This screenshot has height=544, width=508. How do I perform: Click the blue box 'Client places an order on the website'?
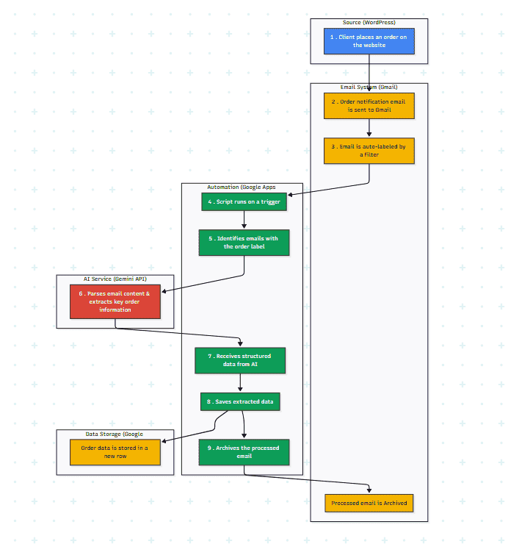tap(369, 41)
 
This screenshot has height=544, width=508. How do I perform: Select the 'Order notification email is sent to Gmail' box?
tap(369, 106)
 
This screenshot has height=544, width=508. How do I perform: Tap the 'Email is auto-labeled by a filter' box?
tap(369, 151)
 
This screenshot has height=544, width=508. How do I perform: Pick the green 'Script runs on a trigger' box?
tap(244, 201)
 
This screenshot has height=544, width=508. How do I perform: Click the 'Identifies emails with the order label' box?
tap(244, 243)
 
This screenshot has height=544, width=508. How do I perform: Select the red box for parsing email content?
tap(115, 301)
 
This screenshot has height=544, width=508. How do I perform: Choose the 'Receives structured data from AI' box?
tap(240, 360)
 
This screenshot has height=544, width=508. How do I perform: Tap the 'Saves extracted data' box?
tap(240, 401)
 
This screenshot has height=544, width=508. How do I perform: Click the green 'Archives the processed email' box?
tap(244, 452)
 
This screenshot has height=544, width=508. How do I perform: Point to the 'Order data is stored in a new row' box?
tap(115, 452)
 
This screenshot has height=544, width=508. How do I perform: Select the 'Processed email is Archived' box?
tap(369, 504)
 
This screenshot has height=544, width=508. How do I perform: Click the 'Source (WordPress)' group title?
tap(369, 23)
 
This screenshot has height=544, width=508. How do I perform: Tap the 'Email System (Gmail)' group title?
tap(369, 87)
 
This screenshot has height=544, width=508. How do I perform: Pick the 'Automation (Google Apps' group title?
tap(242, 187)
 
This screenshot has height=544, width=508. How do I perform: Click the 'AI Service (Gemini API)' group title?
tap(115, 279)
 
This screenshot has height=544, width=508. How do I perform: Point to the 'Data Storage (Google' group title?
tap(115, 434)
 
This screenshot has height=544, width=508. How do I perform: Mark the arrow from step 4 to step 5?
tap(244, 221)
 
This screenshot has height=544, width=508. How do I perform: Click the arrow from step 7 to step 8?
tap(240, 383)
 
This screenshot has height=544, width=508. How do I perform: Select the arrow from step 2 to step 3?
tap(369, 129)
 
